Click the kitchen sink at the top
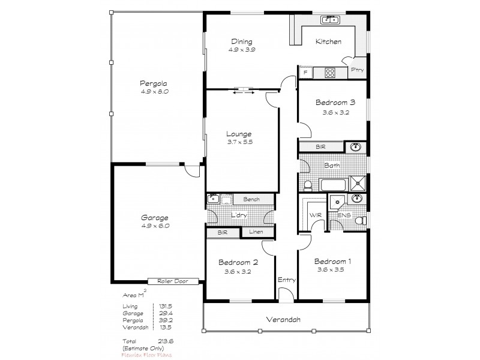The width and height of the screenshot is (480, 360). (x=330, y=20)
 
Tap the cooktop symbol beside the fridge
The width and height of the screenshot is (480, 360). (x=330, y=73)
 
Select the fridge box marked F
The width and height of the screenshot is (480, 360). (x=306, y=73)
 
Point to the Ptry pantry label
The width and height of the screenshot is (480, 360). (x=358, y=70)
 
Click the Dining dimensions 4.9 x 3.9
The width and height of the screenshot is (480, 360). (x=241, y=50)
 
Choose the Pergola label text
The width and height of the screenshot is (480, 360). (x=154, y=83)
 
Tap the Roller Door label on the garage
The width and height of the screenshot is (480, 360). (x=170, y=281)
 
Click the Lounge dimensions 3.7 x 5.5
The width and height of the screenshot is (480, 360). (x=239, y=142)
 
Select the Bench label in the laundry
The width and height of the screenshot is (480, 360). (x=251, y=199)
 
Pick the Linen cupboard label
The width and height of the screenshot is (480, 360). (x=257, y=232)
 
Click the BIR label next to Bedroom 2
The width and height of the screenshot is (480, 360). (x=222, y=232)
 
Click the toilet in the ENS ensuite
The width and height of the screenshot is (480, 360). (x=360, y=221)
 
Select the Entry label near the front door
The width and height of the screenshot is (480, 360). (x=286, y=280)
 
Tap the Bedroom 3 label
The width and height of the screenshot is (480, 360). (x=332, y=103)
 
